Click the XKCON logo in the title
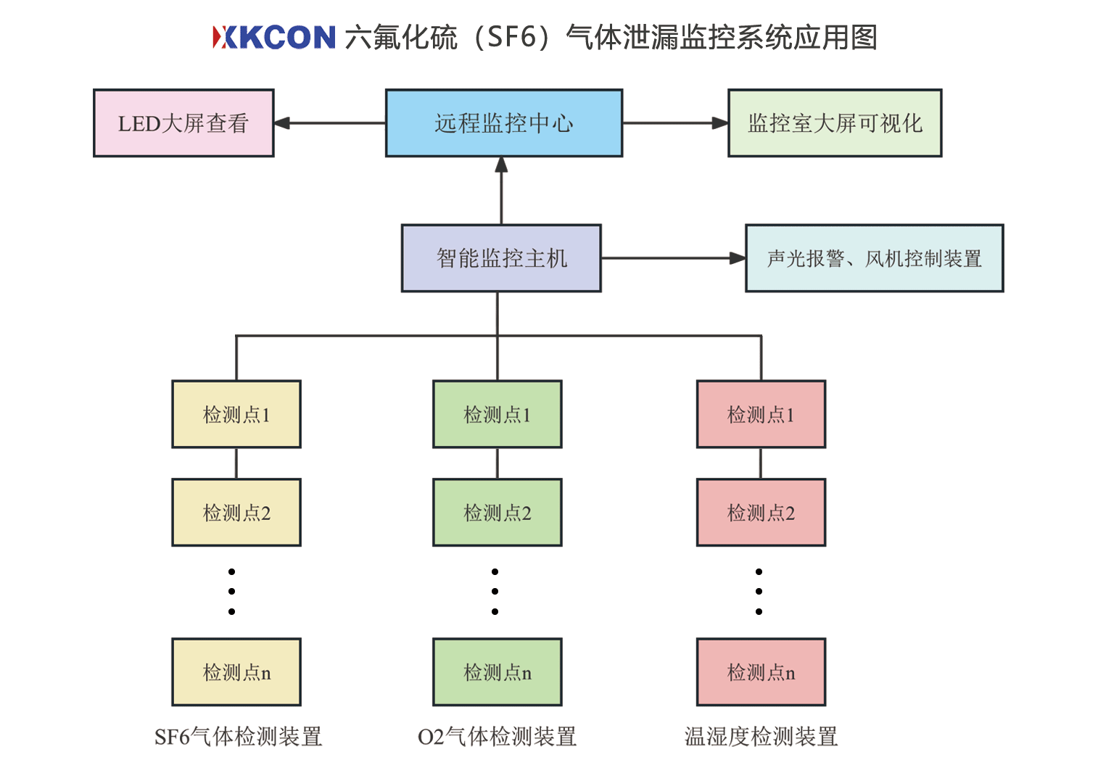[x=273, y=37]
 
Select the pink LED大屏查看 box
[x=183, y=123]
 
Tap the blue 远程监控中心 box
[x=503, y=123]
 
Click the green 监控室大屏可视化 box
[x=835, y=123]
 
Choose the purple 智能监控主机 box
[x=501, y=258]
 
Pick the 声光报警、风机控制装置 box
[x=874, y=258]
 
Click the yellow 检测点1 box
[x=236, y=414]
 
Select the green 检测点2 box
[x=498, y=512]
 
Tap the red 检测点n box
[x=761, y=671]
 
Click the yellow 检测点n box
[x=236, y=671]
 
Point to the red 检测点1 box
[x=761, y=414]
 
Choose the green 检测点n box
[x=498, y=671]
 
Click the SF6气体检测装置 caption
[x=238, y=737]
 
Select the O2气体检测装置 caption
[x=498, y=737]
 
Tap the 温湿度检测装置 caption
[x=761, y=737]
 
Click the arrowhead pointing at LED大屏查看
[x=283, y=123]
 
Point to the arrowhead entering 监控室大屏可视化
[x=720, y=123]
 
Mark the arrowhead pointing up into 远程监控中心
[x=501, y=165]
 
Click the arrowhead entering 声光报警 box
[x=738, y=258]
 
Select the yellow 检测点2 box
[x=236, y=512]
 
